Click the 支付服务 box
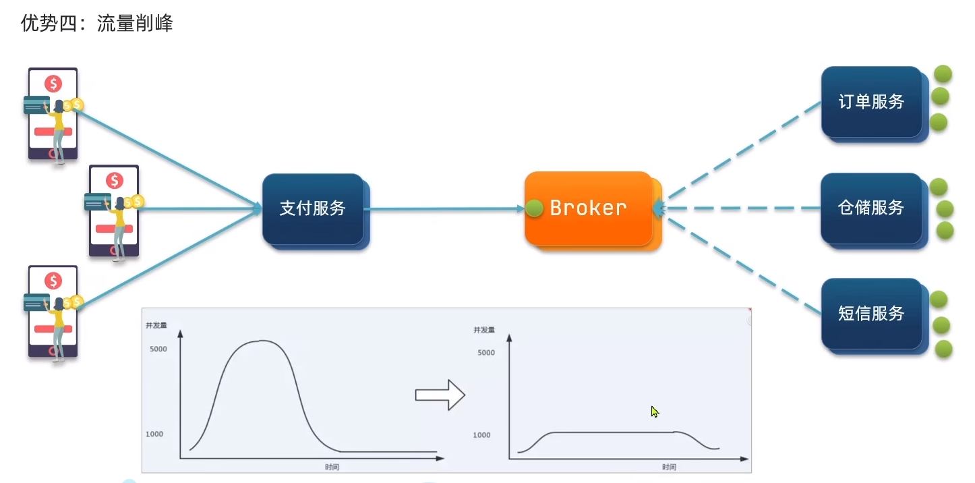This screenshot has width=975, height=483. click(316, 212)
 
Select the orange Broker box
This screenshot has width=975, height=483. click(593, 210)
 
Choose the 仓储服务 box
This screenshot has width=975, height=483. click(875, 210)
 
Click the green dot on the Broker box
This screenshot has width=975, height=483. click(534, 208)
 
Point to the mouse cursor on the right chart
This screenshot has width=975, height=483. click(655, 411)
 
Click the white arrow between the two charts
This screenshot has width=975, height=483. click(440, 395)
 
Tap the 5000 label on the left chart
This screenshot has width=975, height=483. click(158, 349)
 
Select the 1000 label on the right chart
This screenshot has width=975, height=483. click(481, 434)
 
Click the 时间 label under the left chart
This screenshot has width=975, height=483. click(332, 467)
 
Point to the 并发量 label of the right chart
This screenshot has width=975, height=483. click(484, 330)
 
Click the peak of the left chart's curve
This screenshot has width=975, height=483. click(261, 341)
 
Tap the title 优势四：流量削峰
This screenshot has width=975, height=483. click(96, 23)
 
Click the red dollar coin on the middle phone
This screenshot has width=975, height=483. click(115, 180)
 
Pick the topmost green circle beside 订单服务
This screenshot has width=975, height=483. click(943, 74)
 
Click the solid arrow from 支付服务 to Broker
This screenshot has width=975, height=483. click(444, 208)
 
